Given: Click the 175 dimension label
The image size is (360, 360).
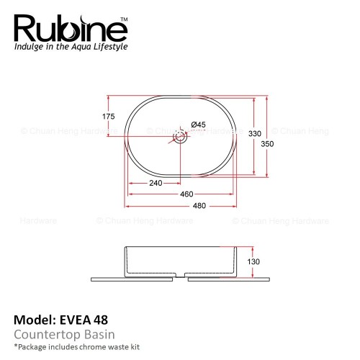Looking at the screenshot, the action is click(109, 117).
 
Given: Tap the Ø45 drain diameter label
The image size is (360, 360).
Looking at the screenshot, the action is click(199, 125).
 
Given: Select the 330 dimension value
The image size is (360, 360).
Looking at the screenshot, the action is click(255, 133).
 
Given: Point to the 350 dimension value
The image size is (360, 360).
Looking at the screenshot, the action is click(267, 144).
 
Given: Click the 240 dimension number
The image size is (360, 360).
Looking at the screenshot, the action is click(156, 183).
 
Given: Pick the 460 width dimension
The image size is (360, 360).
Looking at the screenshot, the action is click(186, 194).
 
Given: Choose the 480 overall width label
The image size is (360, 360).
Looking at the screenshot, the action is click(199, 206).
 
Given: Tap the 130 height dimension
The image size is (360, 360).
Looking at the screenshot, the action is click(253, 261).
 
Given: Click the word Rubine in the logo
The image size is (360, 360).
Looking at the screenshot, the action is click(71, 29).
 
